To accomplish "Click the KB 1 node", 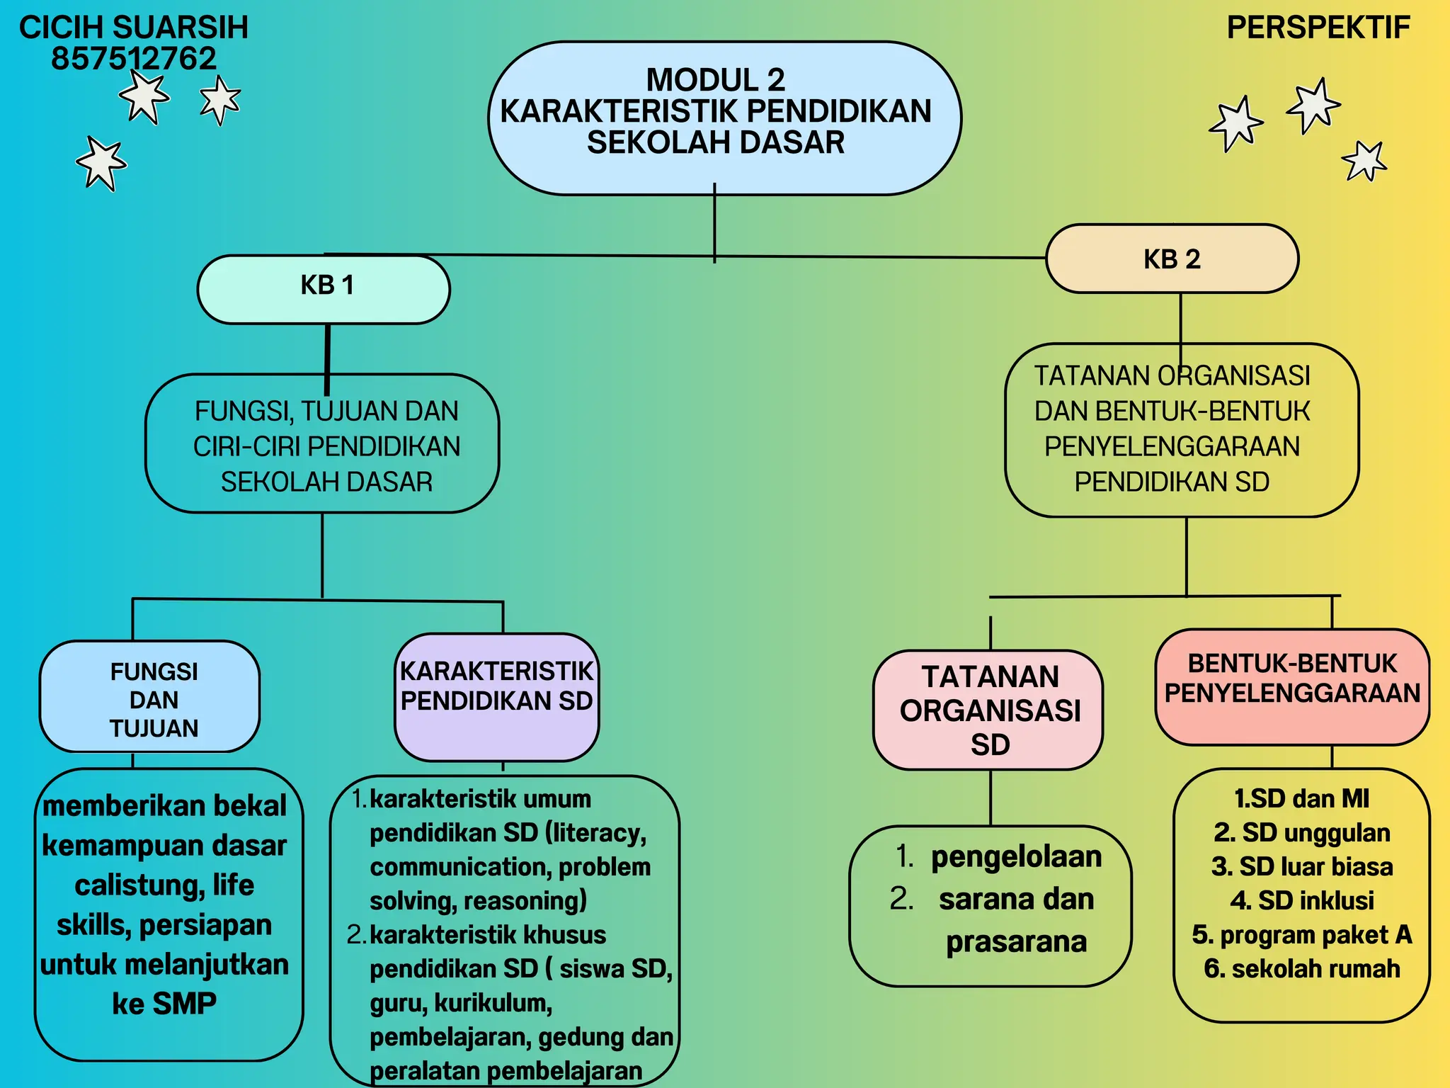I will pyautogui.click(x=324, y=288).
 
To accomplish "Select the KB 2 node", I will pyautogui.click(x=1172, y=259).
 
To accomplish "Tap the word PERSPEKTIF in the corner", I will pyautogui.click(x=1318, y=28).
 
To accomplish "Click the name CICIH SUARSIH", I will pyautogui.click(x=133, y=28).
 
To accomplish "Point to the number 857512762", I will pyautogui.click(x=133, y=59).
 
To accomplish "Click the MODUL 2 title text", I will pyautogui.click(x=715, y=80).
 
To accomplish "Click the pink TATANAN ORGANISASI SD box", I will pyautogui.click(x=989, y=710).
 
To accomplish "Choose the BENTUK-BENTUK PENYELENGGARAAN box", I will pyautogui.click(x=1292, y=686).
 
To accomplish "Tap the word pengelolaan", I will pyautogui.click(x=1016, y=857).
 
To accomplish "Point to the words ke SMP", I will pyautogui.click(x=164, y=1004).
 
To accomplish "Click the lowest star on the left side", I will pyautogui.click(x=102, y=164).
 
